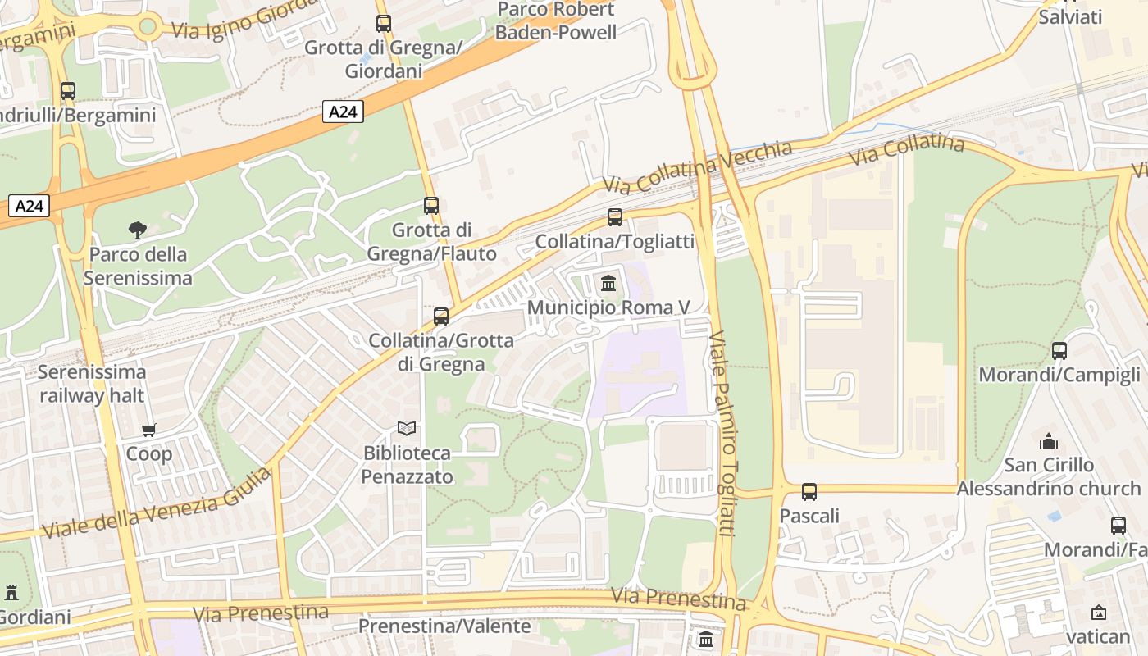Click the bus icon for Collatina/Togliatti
click(615, 217)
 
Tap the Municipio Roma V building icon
click(608, 284)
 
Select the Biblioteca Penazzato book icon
click(407, 428)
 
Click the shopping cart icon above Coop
click(148, 430)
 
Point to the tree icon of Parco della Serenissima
click(138, 230)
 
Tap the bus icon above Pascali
click(809, 492)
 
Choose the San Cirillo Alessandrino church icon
click(1049, 441)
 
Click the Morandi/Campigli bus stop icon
click(1059, 351)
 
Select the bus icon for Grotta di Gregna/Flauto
click(431, 206)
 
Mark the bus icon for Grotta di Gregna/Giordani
click(384, 24)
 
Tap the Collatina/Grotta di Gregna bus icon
click(441, 316)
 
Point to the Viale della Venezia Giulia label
click(156, 504)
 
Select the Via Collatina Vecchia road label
click(698, 166)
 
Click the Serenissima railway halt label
click(92, 384)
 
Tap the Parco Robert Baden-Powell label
click(556, 21)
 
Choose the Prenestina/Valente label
click(444, 626)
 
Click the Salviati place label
click(1070, 16)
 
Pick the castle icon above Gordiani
click(11, 592)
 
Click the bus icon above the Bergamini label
click(68, 91)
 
